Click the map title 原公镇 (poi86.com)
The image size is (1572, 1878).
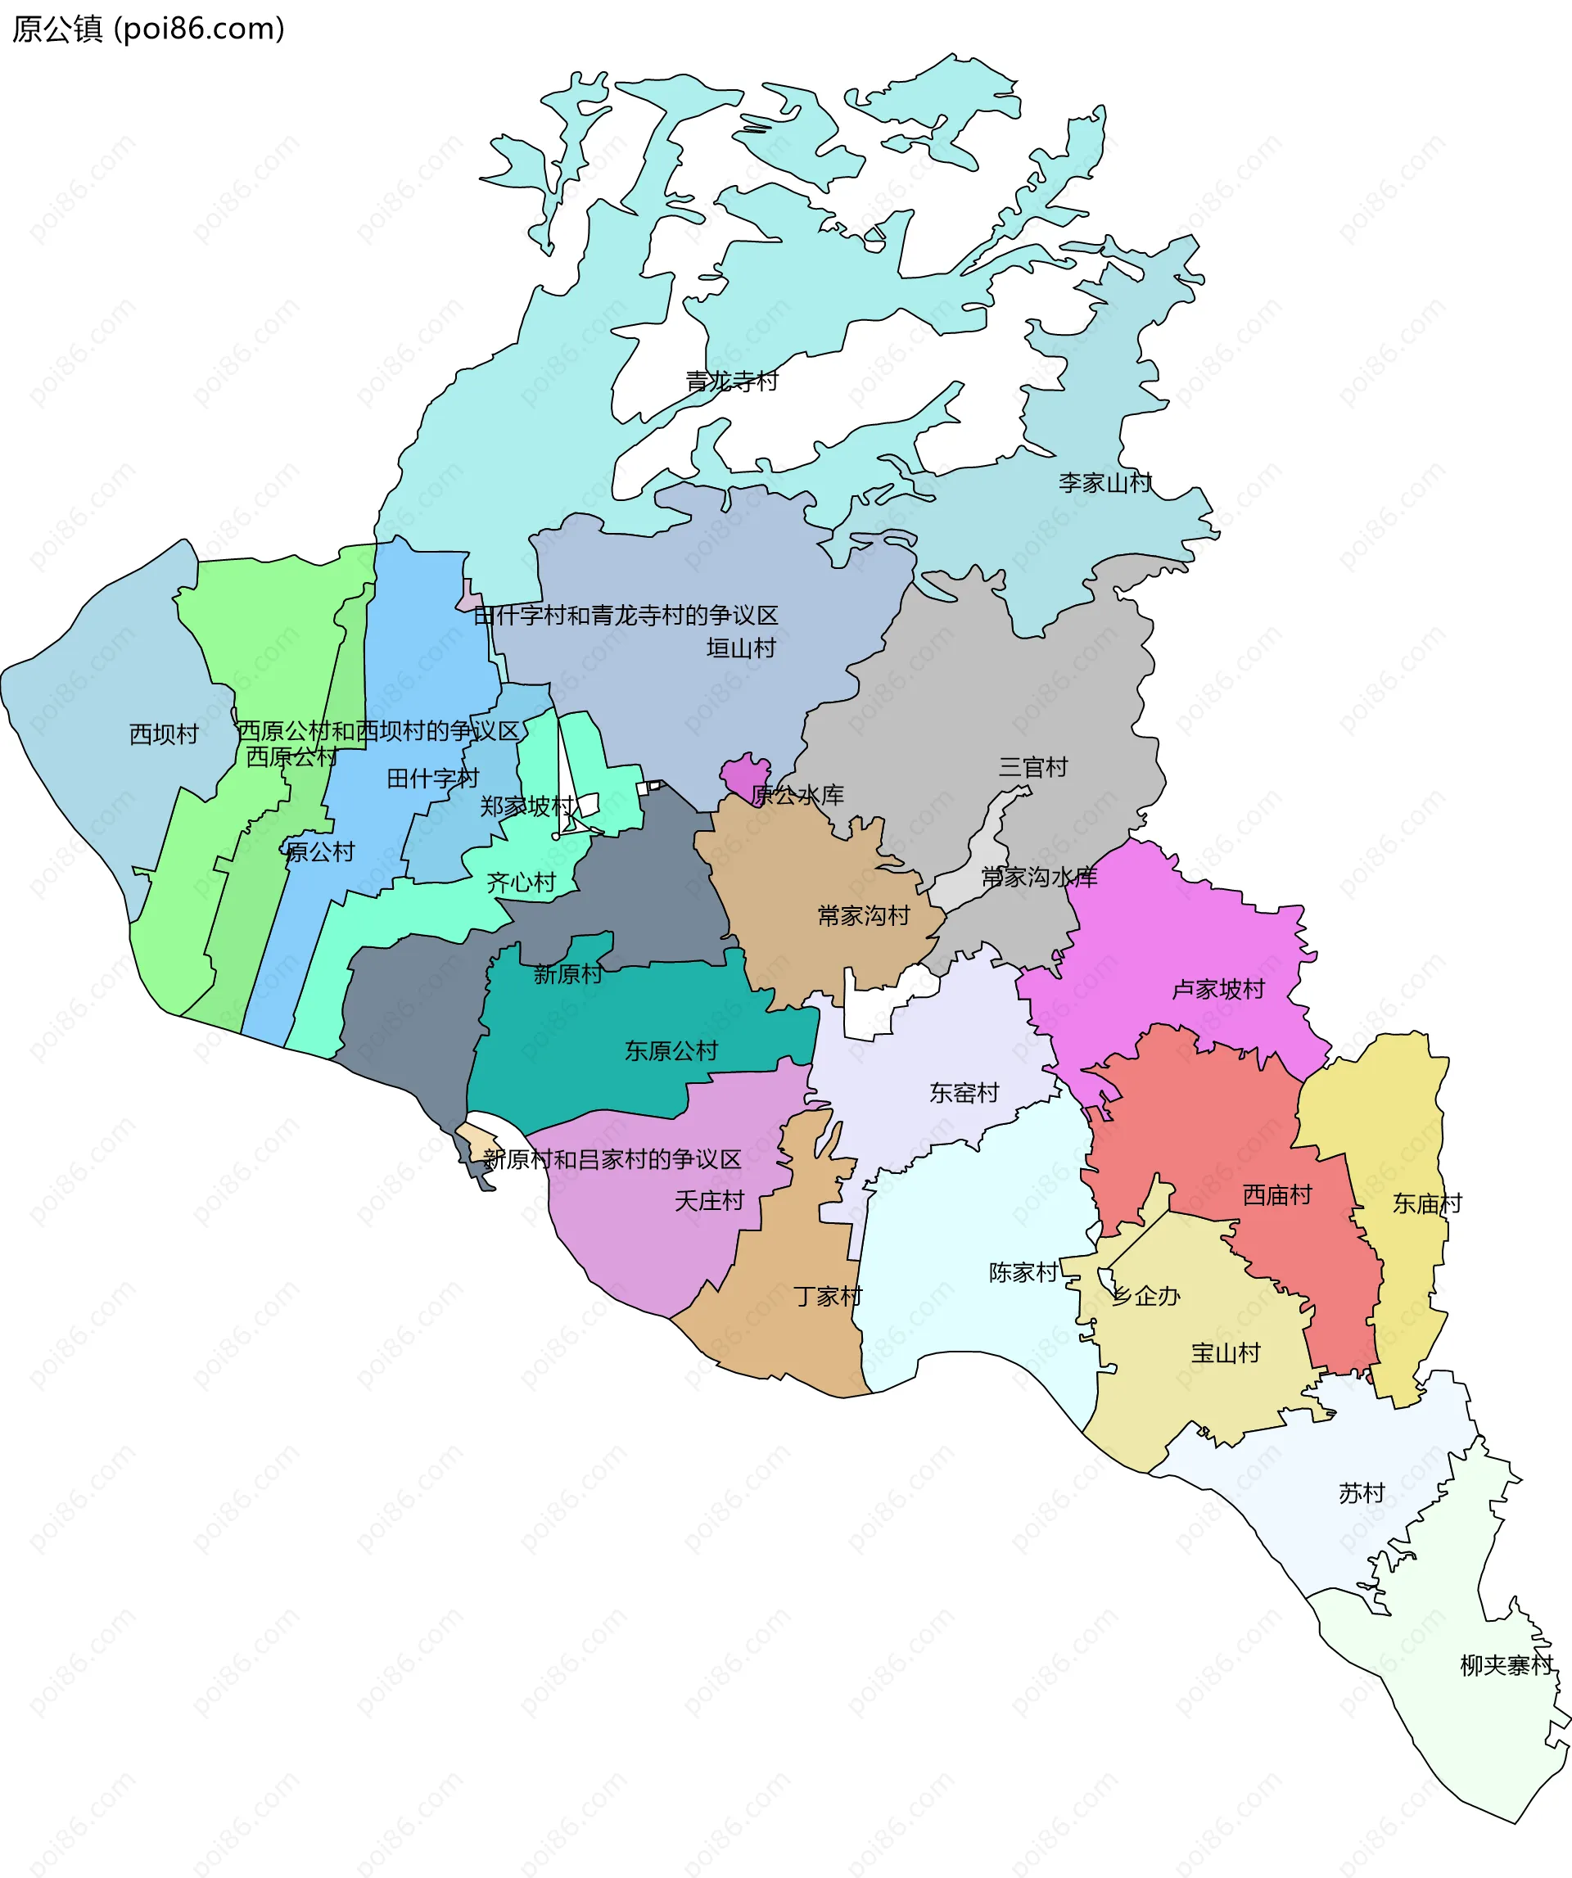click(148, 29)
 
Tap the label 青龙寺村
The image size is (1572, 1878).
click(731, 381)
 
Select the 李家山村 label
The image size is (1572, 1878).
click(1104, 483)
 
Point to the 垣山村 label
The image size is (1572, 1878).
click(740, 648)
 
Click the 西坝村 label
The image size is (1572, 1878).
click(164, 734)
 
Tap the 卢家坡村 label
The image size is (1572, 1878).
click(1218, 989)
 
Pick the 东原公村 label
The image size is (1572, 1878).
click(671, 1051)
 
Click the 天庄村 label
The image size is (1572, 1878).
click(709, 1201)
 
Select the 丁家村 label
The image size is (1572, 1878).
click(828, 1297)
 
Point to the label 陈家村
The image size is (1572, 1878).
click(1023, 1272)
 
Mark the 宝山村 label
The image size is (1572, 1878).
click(1225, 1353)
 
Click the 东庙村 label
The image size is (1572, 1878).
click(1427, 1203)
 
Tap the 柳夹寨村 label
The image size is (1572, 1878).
click(1506, 1665)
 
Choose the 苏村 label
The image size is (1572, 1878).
click(1361, 1493)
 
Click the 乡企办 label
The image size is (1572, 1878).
click(1145, 1296)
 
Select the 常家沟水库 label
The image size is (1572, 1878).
click(1038, 878)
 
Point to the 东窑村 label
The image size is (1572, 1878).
click(963, 1093)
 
